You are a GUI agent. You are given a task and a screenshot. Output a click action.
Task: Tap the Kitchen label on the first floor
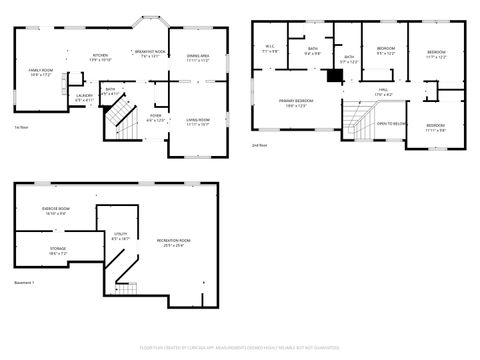100,57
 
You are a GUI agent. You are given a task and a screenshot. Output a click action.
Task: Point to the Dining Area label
197,58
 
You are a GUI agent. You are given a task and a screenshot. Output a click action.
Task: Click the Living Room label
197,122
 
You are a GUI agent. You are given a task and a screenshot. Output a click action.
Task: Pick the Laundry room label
84,98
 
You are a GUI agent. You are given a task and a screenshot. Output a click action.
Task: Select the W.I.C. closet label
271,48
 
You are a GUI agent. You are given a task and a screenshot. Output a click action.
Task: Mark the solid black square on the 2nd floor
335,75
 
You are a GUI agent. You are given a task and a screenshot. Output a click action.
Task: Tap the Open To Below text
391,123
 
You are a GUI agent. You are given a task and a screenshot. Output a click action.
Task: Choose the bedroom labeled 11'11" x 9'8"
435,127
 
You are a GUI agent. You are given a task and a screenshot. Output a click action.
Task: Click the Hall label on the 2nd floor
383,92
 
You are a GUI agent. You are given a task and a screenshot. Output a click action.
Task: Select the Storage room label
58,250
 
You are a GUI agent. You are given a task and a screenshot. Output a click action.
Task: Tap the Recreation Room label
173,242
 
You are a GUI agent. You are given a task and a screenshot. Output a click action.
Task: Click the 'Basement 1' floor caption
24,283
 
